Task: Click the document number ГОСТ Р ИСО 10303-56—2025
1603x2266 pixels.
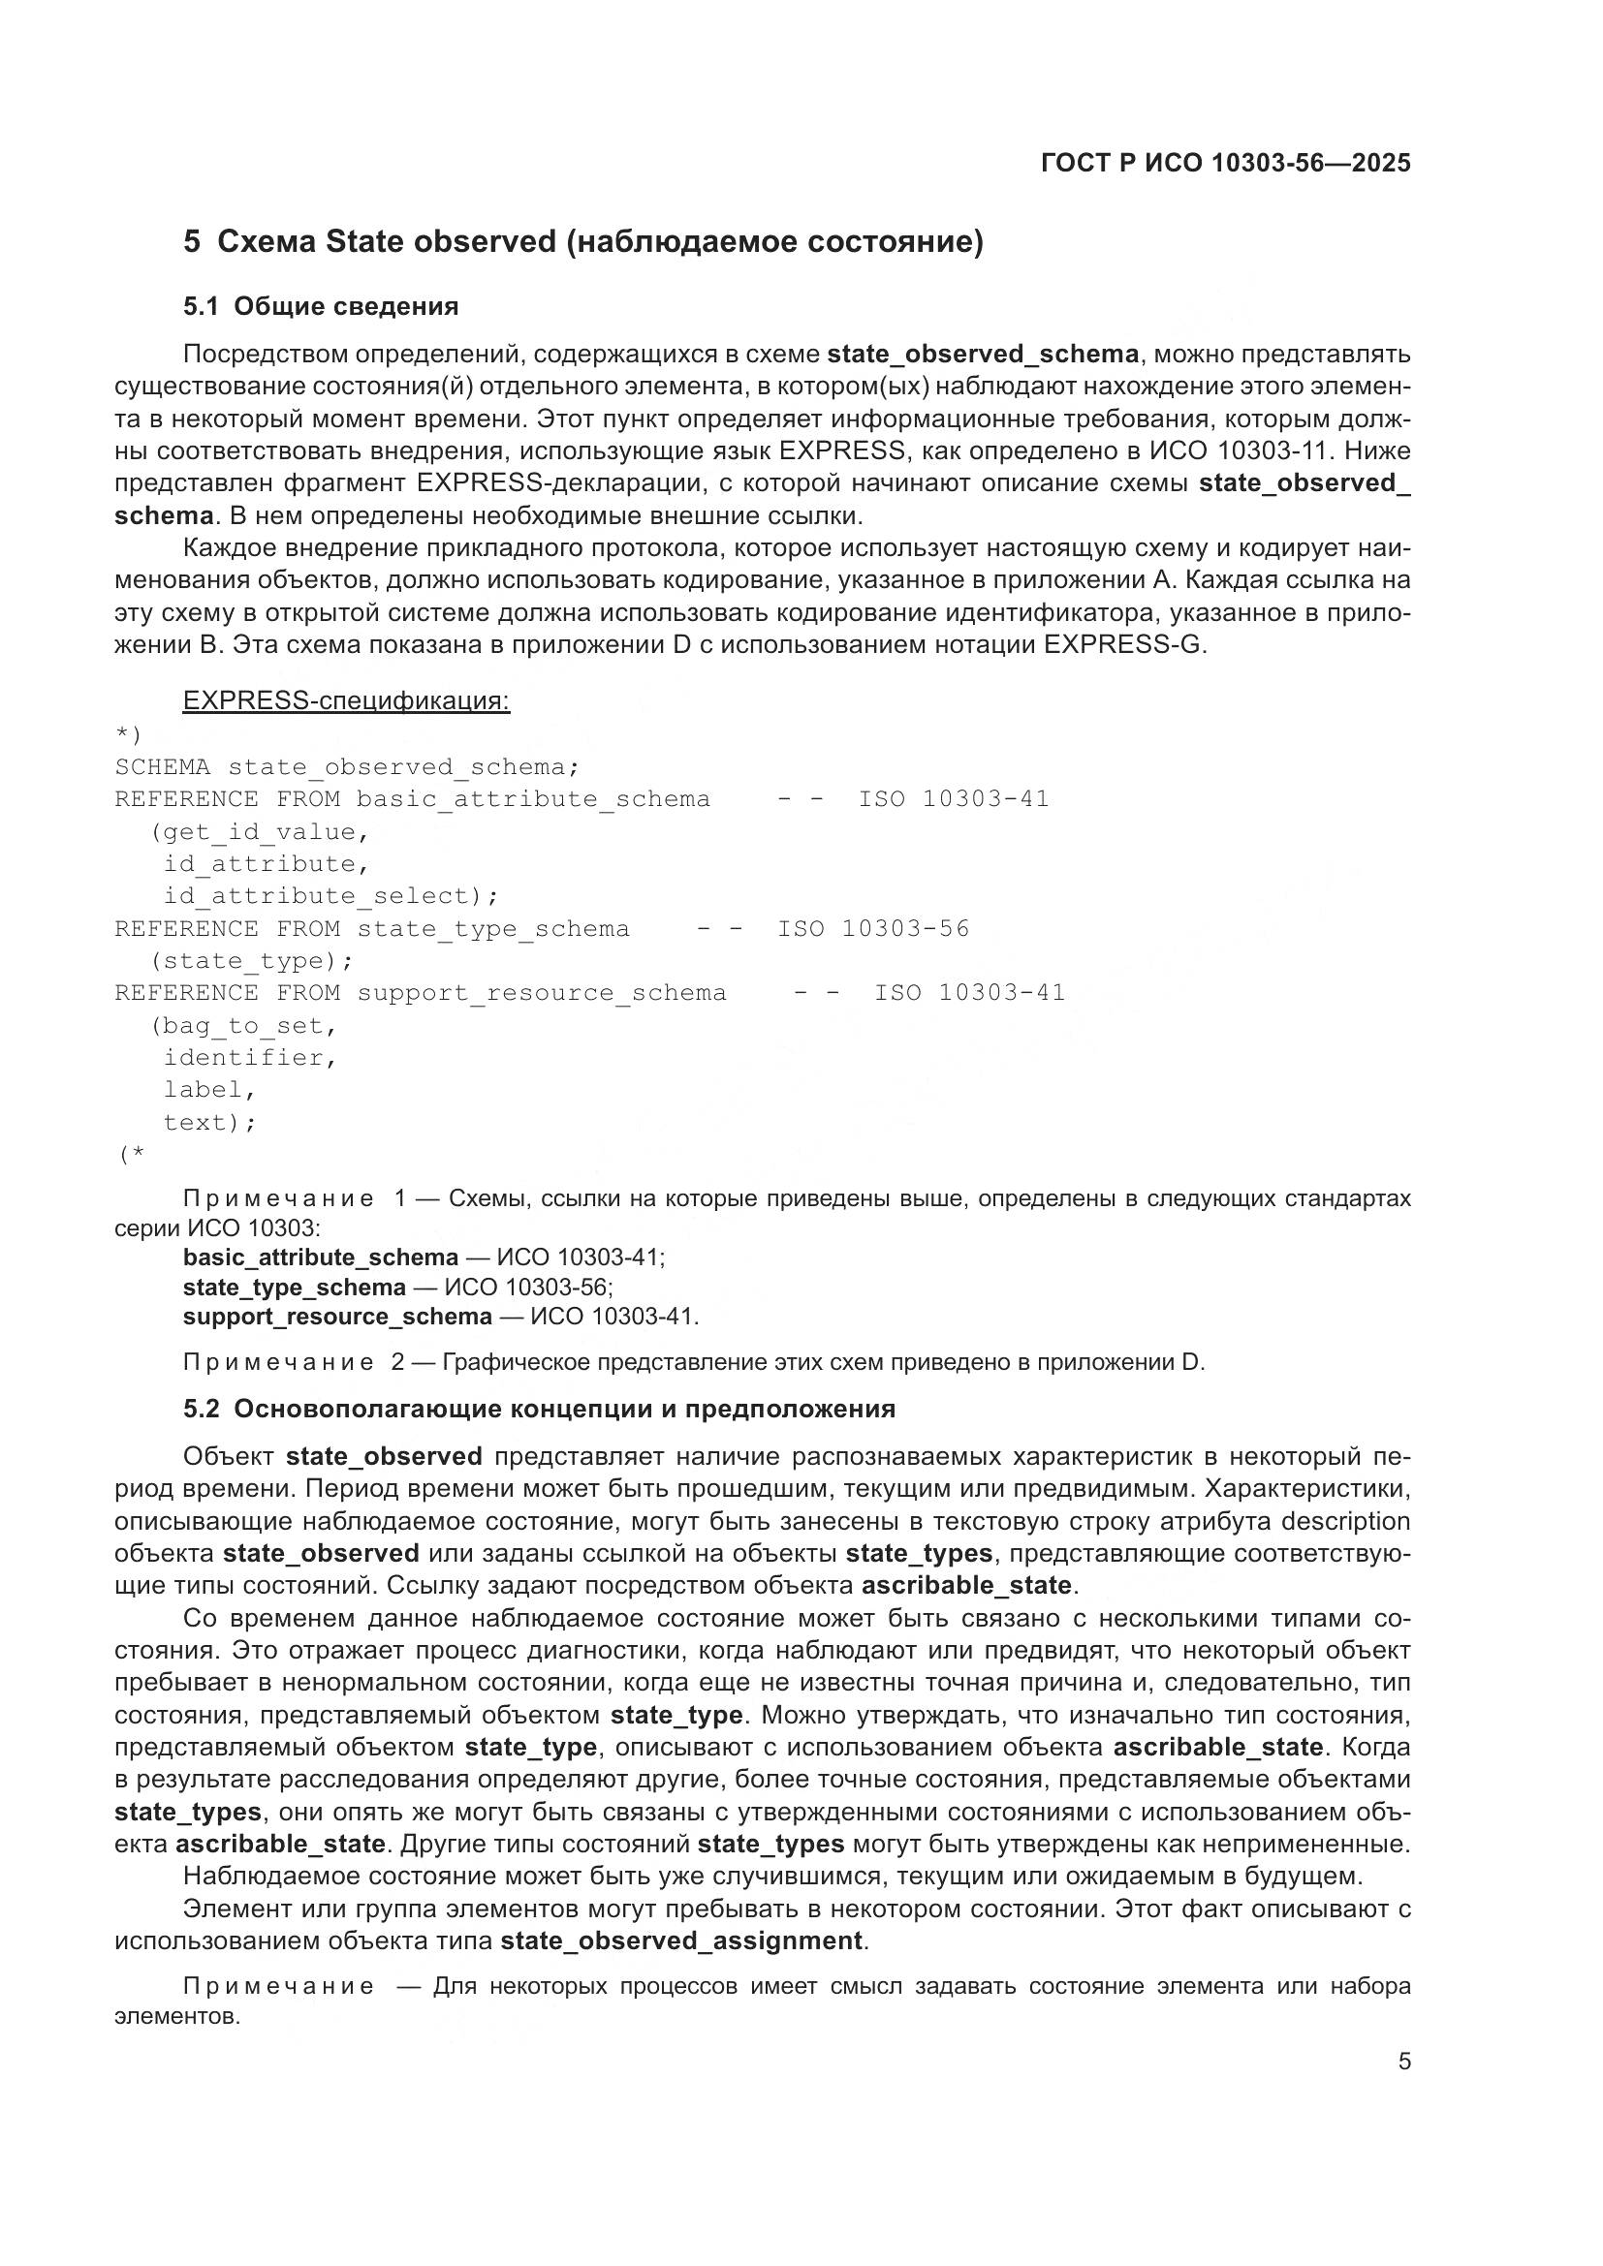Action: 1225,164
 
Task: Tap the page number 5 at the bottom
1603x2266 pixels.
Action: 1403,2062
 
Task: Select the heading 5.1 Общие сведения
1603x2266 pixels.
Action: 321,306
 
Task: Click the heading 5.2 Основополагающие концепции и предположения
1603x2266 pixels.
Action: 539,1409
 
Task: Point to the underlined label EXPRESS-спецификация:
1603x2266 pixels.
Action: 346,700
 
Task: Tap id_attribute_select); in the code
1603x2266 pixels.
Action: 330,896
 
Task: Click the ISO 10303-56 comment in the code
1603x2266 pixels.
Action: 872,929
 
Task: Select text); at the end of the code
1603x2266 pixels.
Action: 209,1122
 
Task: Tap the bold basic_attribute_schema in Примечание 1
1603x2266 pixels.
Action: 320,1257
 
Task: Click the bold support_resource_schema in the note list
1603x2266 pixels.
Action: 336,1317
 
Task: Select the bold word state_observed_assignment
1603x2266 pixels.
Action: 681,1941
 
